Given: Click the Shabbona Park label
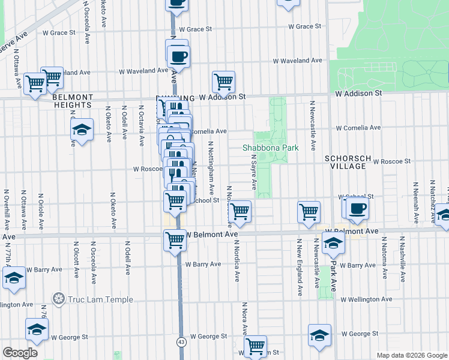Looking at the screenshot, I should pyautogui.click(x=271, y=148).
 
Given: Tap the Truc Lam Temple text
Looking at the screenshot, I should pyautogui.click(x=92, y=298).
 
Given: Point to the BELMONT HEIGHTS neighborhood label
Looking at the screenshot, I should pyautogui.click(x=73, y=101).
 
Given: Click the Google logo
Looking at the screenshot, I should pyautogui.click(x=20, y=353).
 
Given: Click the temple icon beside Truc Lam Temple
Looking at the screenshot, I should pyautogui.click(x=59, y=298).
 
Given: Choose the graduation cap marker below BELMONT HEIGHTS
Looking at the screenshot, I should pyautogui.click(x=81, y=130).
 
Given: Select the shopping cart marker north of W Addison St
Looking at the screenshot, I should pyautogui.click(x=223, y=82).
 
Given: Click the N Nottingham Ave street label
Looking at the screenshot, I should pyautogui.click(x=211, y=166).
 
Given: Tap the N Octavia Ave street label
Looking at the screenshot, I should pyautogui.click(x=142, y=126).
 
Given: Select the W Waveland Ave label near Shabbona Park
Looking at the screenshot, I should pyautogui.click(x=297, y=61).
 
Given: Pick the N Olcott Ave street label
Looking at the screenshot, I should pyautogui.click(x=77, y=260).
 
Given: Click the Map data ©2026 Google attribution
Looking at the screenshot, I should pyautogui.click(x=411, y=355).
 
